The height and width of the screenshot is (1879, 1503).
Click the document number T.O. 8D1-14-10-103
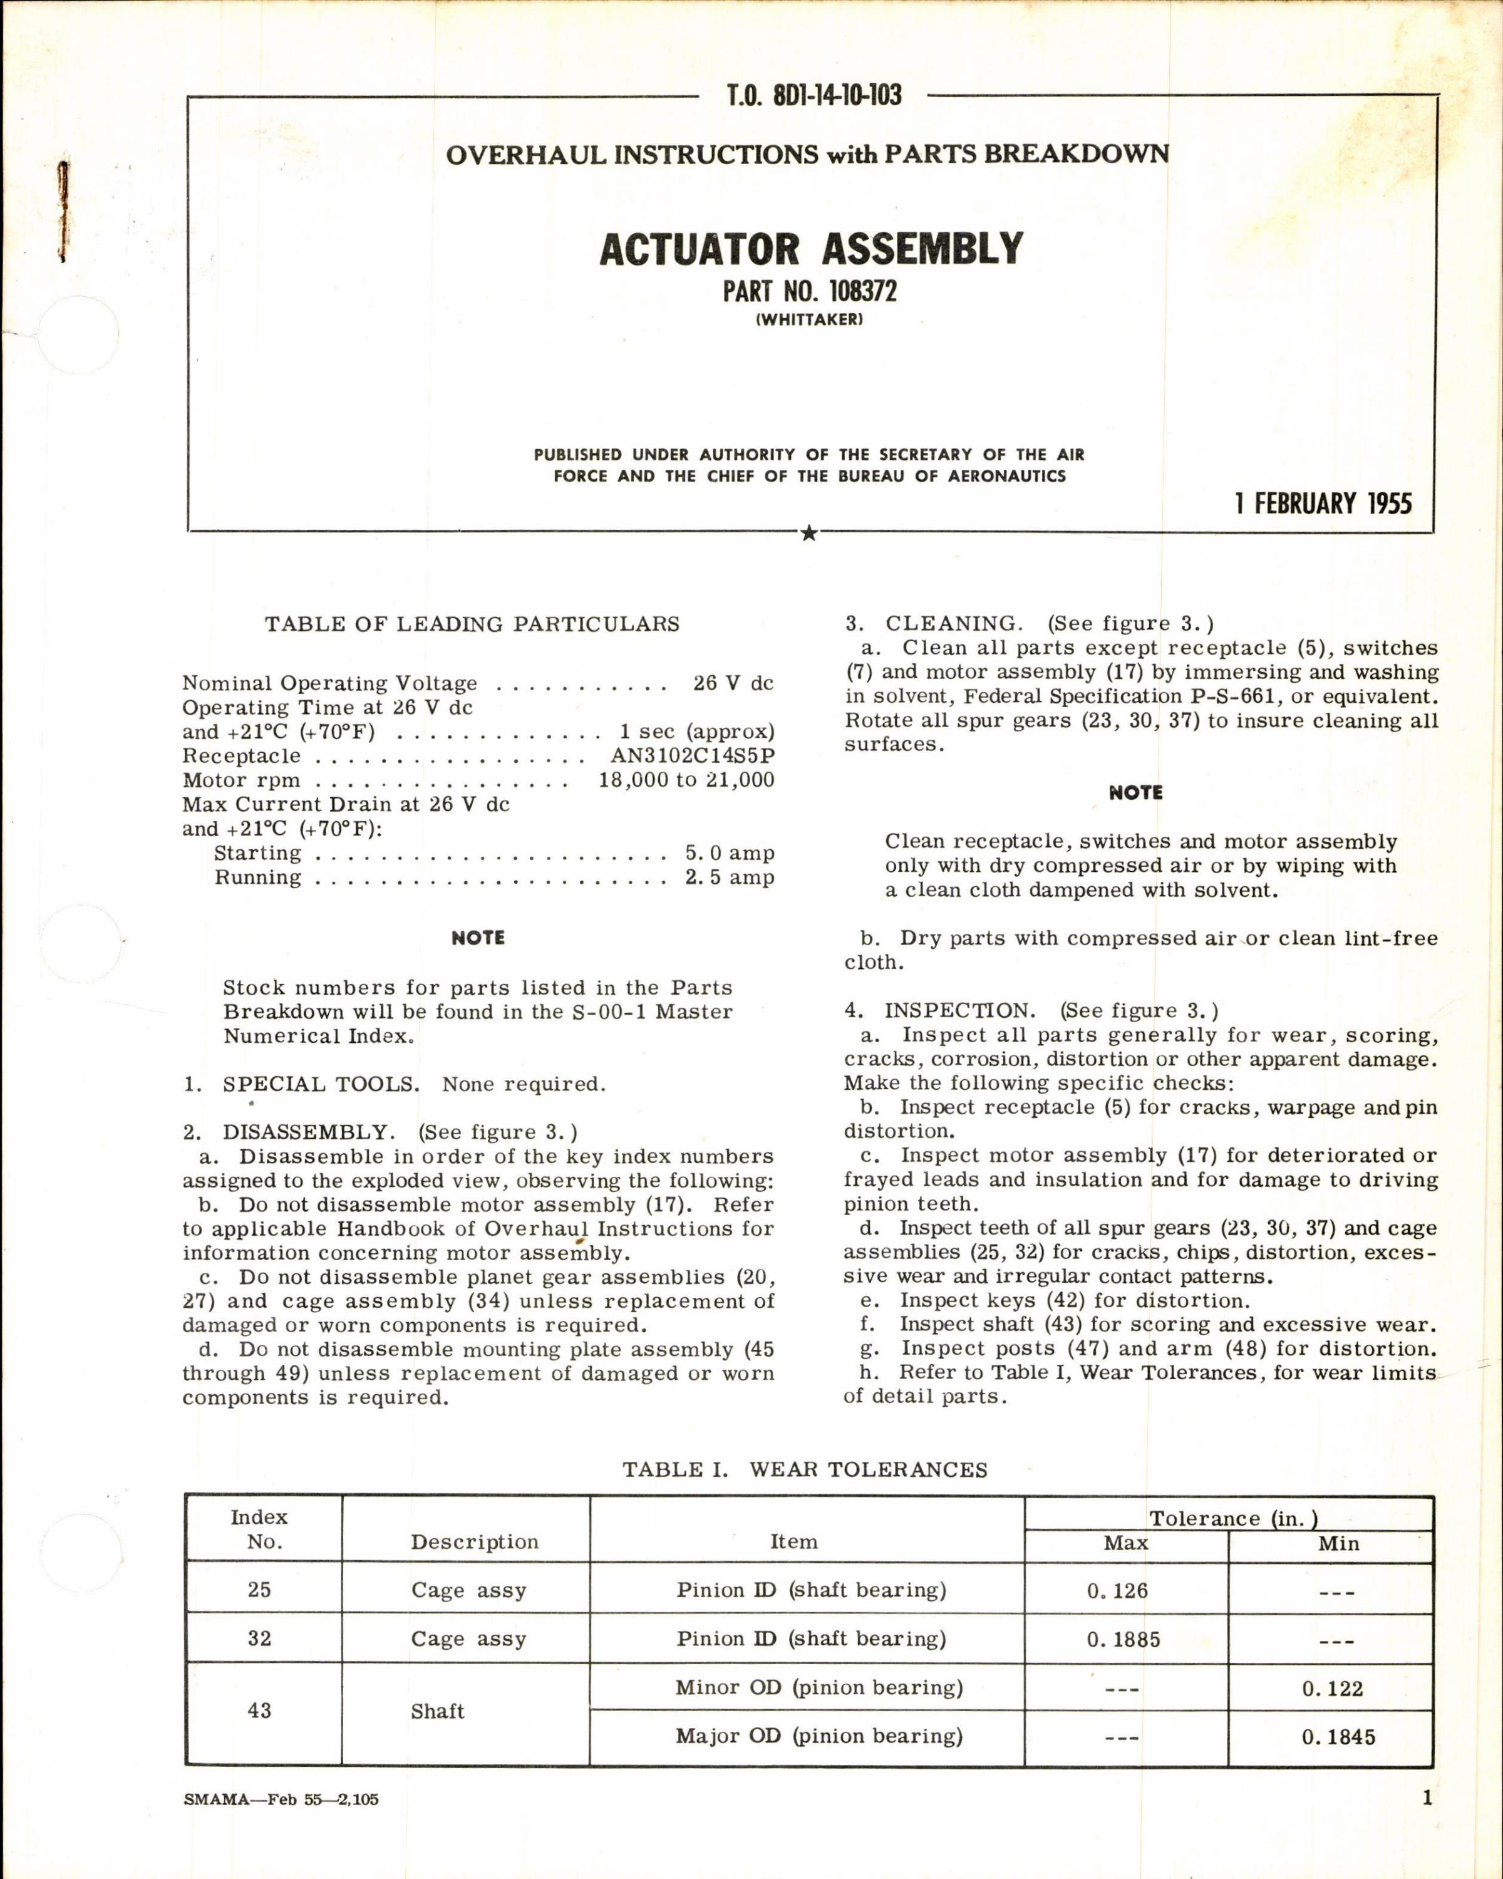[x=813, y=95]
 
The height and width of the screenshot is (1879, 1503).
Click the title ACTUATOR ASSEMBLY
[x=810, y=249]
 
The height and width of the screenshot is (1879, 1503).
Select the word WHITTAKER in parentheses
[x=810, y=320]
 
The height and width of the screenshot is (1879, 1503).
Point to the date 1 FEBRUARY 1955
[x=1323, y=504]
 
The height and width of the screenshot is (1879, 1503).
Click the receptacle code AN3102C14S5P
[x=692, y=755]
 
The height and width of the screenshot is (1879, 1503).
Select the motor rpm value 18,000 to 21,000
[x=686, y=780]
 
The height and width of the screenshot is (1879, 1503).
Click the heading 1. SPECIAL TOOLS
[x=301, y=1084]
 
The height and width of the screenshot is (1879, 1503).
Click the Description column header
[x=475, y=1542]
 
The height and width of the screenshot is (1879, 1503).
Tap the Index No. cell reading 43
[x=260, y=1711]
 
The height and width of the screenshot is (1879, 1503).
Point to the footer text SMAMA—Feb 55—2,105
[x=281, y=1799]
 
